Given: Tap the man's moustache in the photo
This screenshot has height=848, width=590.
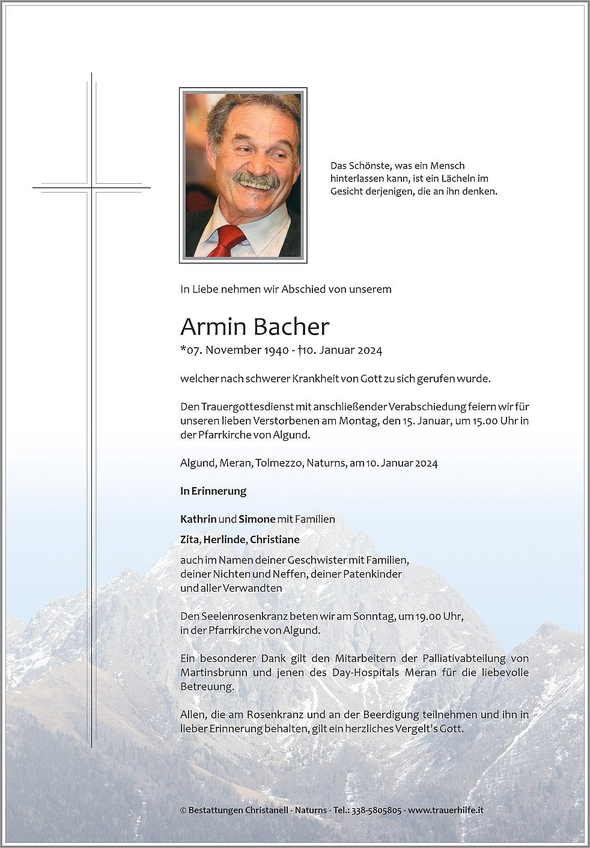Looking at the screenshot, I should click(x=257, y=180).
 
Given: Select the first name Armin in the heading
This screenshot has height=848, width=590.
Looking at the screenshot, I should click(x=213, y=327).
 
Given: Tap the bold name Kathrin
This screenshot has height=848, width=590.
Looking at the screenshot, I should click(x=198, y=519).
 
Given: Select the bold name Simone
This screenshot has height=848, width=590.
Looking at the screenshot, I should click(x=257, y=519).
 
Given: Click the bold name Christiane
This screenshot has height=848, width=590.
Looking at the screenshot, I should click(x=275, y=539).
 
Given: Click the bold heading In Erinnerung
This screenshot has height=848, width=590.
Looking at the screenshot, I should click(x=213, y=491).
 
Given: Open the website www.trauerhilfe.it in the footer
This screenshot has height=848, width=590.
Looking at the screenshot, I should click(x=446, y=810).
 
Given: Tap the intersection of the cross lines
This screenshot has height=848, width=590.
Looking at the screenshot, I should click(x=92, y=188).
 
